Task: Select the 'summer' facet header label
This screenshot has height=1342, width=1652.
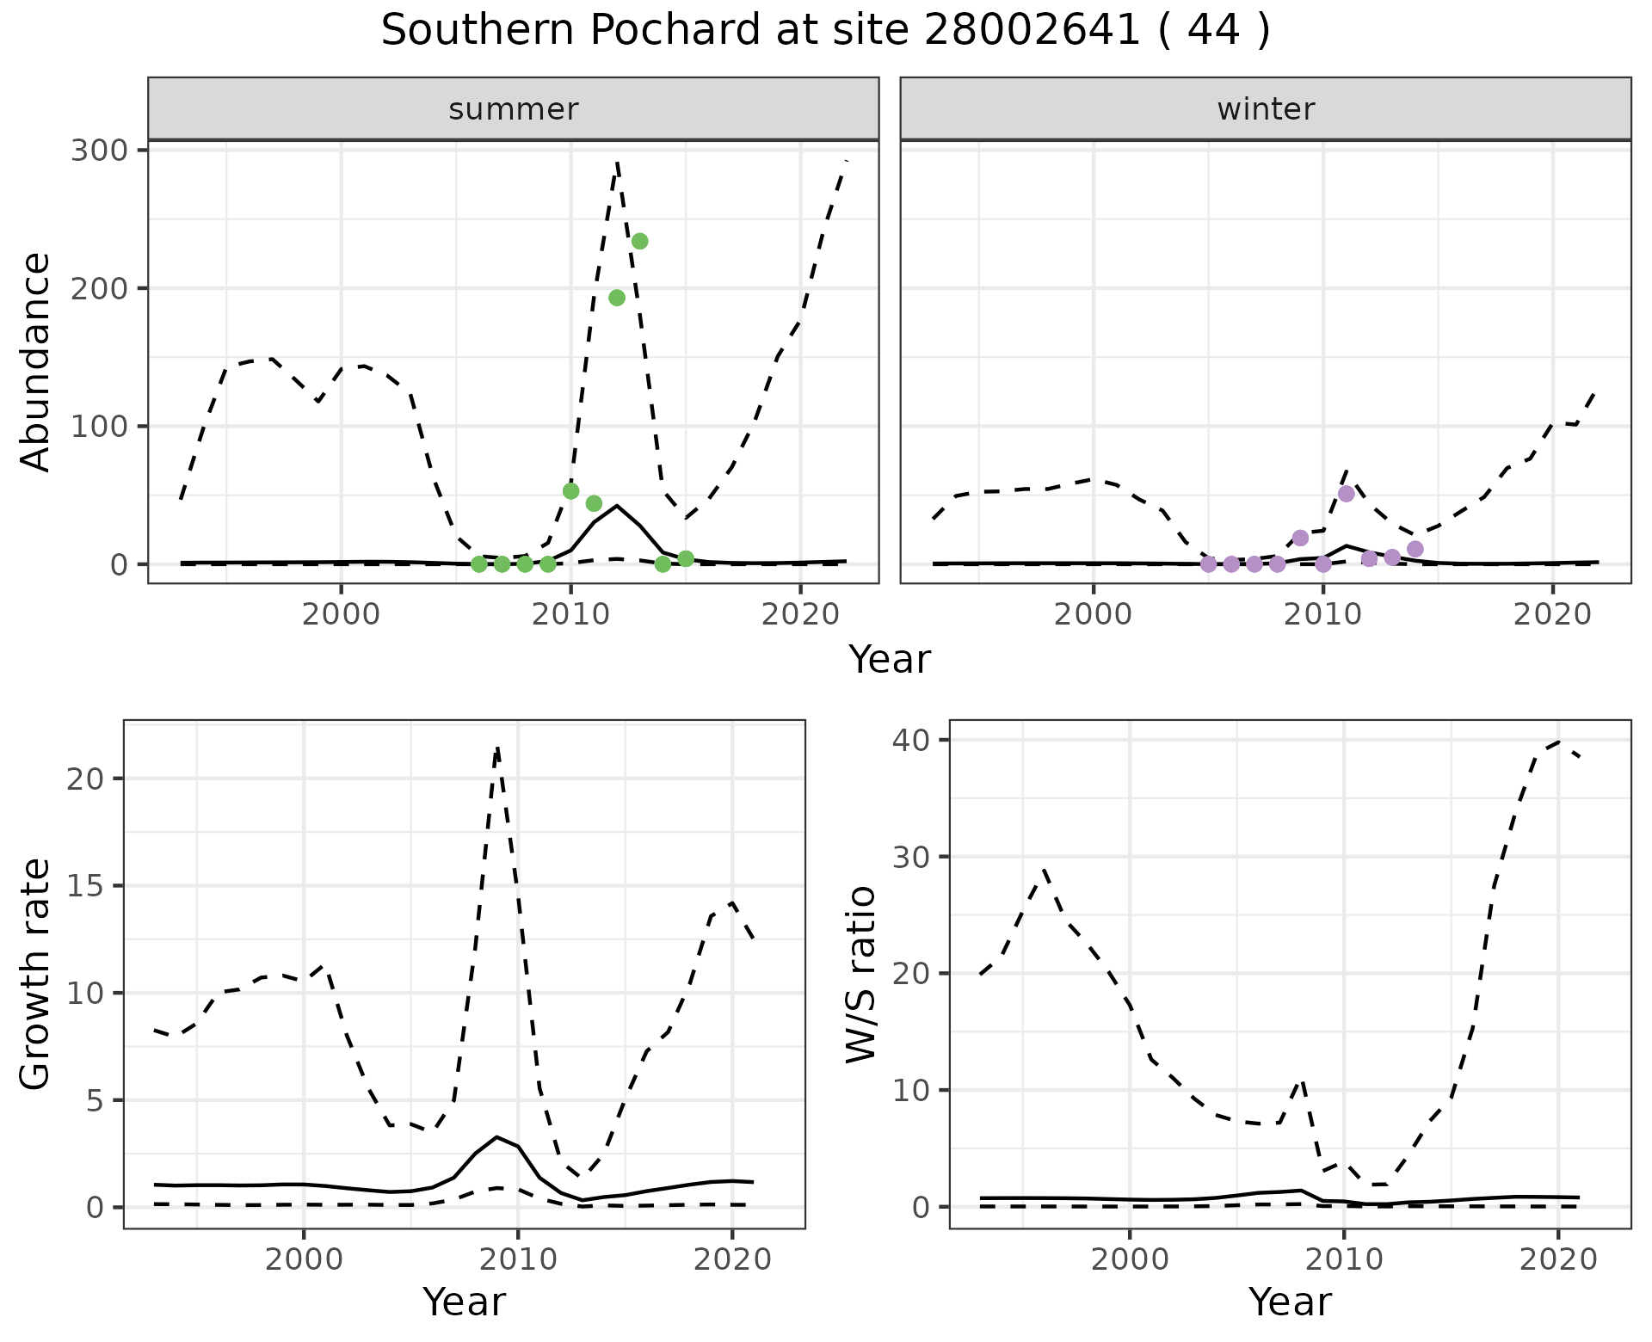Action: (514, 109)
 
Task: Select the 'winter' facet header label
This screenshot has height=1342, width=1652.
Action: (1266, 109)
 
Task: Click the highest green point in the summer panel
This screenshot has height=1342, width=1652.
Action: (639, 242)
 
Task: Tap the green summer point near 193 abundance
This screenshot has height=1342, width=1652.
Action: (617, 298)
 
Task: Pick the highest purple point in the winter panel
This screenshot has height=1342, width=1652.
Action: (1347, 494)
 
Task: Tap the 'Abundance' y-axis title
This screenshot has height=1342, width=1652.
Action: (36, 361)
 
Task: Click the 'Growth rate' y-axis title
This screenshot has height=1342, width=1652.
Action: (36, 974)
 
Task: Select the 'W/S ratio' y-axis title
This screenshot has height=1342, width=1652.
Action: (861, 974)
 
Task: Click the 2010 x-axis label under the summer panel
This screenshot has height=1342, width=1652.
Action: (570, 615)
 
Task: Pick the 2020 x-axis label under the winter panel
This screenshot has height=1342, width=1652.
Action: (1552, 615)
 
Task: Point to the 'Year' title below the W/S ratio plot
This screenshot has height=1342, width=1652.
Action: (1290, 1302)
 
